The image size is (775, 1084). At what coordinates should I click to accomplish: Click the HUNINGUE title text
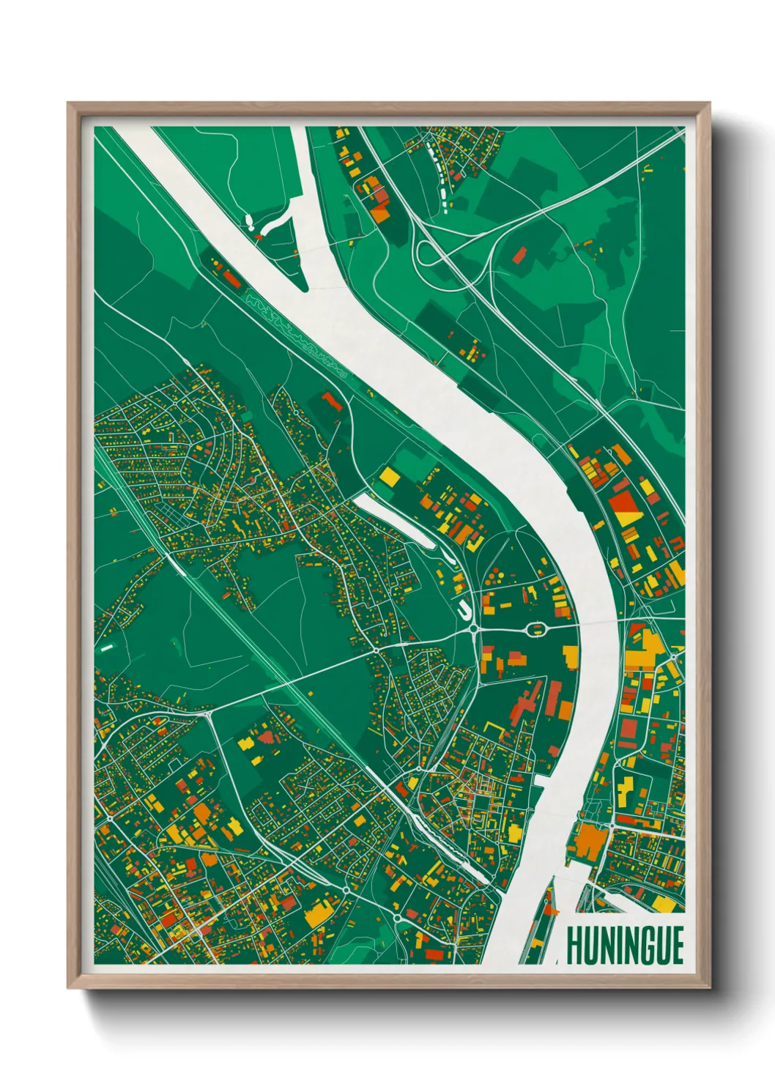tap(625, 946)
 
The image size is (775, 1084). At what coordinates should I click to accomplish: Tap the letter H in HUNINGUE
tap(574, 946)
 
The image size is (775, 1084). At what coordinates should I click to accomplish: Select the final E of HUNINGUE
tap(676, 946)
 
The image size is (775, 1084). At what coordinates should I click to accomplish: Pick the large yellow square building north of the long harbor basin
tap(390, 478)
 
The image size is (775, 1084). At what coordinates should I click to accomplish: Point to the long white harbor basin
tap(396, 520)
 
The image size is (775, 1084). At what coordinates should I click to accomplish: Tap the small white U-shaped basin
tap(464, 609)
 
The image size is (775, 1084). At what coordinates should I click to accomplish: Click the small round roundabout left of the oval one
tap(474, 628)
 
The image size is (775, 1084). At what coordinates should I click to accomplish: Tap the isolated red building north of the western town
tap(330, 401)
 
